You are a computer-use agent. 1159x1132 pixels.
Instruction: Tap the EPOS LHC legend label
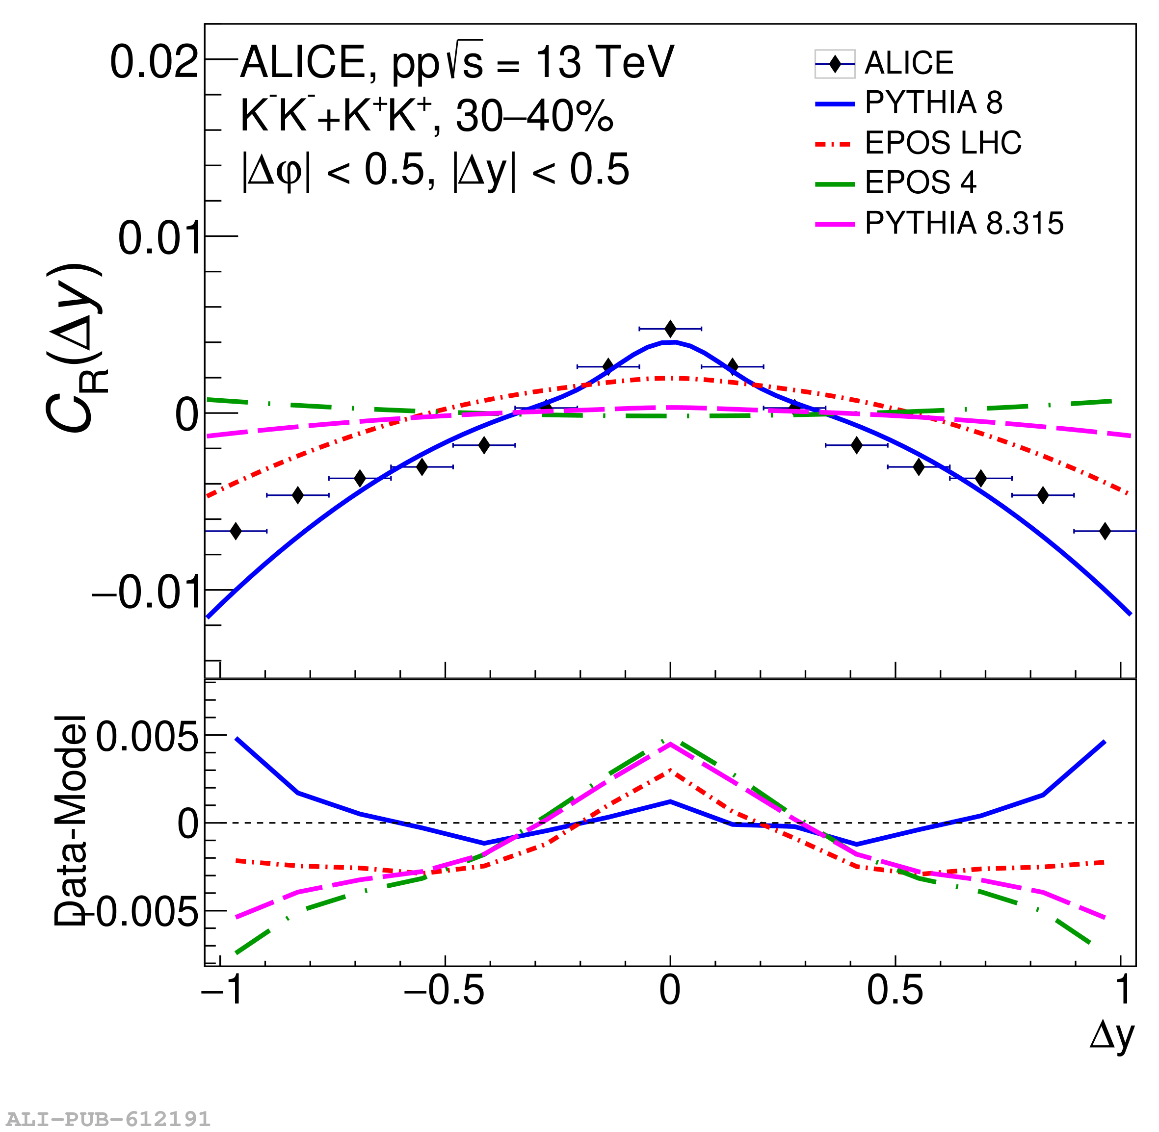943,143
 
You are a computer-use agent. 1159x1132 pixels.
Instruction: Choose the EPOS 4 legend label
920,182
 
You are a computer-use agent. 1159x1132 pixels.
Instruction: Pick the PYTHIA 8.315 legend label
963,223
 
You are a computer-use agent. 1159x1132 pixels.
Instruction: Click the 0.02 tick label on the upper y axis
154,62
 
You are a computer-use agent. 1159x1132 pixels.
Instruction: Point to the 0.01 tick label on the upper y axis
158,238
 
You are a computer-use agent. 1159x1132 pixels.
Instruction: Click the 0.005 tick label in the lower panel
147,738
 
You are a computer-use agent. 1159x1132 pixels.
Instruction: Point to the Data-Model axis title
71,821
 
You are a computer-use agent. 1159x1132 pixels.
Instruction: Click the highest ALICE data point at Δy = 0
670,329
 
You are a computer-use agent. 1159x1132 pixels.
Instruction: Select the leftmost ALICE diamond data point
236,531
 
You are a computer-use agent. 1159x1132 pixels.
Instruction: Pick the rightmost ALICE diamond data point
1105,531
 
